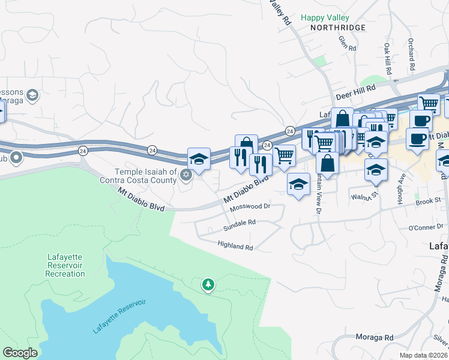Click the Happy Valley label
[x=325, y=18]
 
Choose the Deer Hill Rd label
[x=351, y=95]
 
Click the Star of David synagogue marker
[x=186, y=175]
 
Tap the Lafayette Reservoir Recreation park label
[x=65, y=266]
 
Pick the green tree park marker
[x=208, y=284]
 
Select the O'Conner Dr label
[x=425, y=227]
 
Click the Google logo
[x=20, y=353]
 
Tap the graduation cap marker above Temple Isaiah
[x=199, y=159]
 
